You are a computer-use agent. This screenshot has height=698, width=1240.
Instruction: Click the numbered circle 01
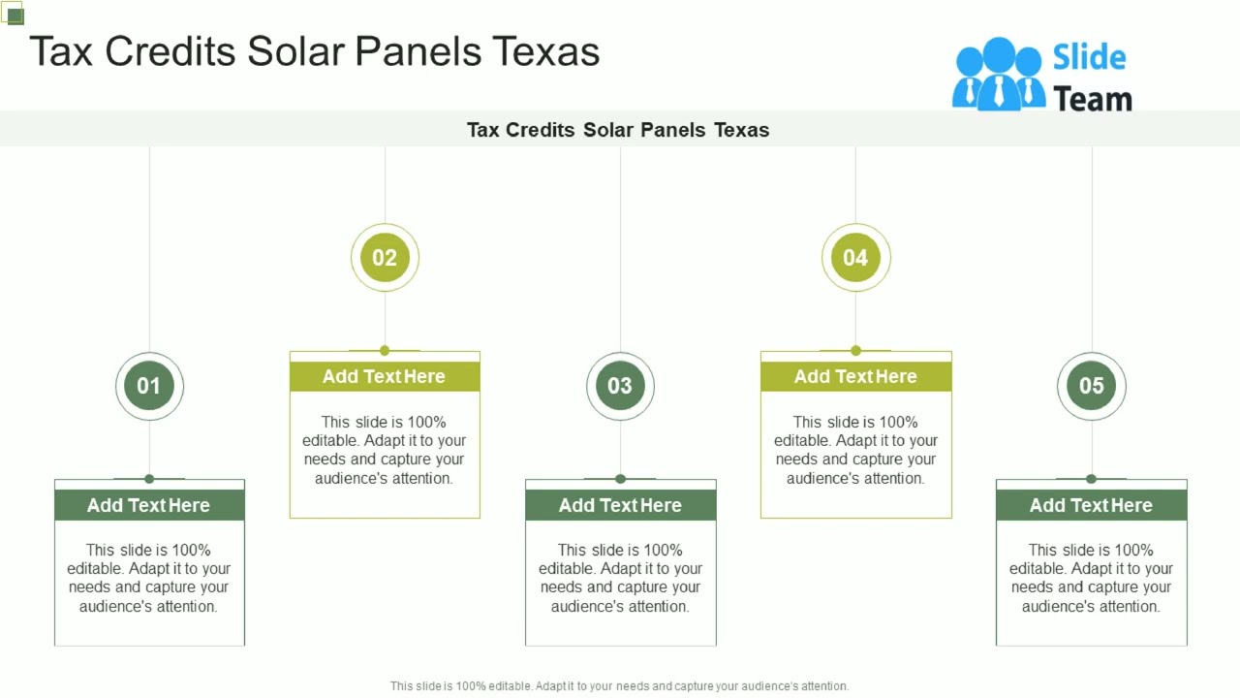(x=149, y=386)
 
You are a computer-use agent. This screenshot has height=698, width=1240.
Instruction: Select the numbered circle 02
(x=385, y=257)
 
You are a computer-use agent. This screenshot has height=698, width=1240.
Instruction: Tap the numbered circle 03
(x=620, y=386)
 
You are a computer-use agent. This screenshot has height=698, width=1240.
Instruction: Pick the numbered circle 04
(x=855, y=257)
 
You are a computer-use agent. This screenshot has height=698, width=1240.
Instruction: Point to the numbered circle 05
(x=1091, y=386)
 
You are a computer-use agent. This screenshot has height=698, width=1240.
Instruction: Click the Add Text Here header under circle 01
(x=149, y=505)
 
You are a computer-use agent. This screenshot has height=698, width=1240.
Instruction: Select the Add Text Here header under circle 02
(x=385, y=376)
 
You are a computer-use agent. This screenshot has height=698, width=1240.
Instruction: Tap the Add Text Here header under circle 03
(x=620, y=505)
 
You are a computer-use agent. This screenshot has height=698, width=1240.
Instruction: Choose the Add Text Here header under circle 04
(x=855, y=376)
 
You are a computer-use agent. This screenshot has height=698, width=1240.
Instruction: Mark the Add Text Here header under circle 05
(x=1091, y=505)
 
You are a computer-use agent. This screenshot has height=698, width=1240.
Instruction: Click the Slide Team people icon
(x=998, y=74)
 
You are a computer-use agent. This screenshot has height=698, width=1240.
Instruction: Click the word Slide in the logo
(x=1089, y=57)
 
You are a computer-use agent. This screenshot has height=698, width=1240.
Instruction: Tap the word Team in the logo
(x=1092, y=99)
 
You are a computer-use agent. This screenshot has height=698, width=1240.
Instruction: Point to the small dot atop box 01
(x=149, y=479)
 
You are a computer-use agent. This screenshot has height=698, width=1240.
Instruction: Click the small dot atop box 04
(x=855, y=350)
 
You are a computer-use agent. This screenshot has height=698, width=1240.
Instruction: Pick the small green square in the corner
(x=15, y=15)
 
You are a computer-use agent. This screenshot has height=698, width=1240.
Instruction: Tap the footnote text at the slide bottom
(x=619, y=685)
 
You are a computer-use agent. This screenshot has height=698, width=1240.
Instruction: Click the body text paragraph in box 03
(x=620, y=578)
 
